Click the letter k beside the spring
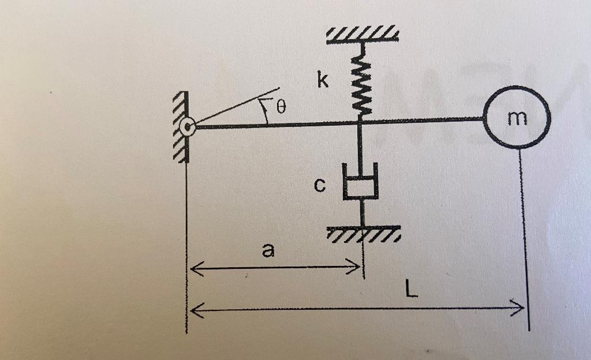coord(323,81)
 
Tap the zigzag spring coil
coord(361,81)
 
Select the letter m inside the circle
coord(518,118)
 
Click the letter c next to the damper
coord(320,185)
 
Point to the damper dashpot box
coord(361,183)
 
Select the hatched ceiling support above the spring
coord(362,34)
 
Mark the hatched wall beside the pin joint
coord(181,127)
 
